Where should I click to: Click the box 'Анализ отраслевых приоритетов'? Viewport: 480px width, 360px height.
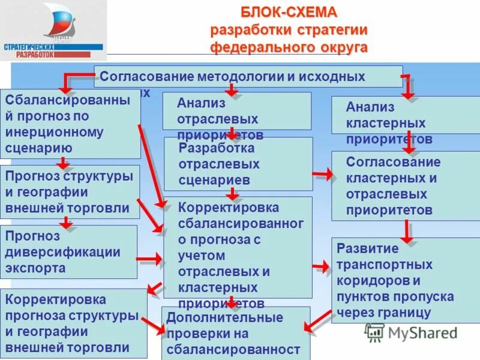point(236,112)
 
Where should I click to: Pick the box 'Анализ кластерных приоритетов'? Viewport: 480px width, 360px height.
point(406,115)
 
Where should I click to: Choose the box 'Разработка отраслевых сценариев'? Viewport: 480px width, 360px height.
point(238,164)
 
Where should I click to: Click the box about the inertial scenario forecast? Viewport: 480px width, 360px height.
point(70,124)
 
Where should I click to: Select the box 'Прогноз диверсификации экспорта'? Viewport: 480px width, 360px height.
point(69,252)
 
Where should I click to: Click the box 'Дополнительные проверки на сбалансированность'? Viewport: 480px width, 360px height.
point(236,333)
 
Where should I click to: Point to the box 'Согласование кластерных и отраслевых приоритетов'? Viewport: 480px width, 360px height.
point(406,186)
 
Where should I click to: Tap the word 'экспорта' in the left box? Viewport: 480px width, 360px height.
point(35,268)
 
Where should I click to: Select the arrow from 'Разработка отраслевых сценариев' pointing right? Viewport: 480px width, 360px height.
point(322,174)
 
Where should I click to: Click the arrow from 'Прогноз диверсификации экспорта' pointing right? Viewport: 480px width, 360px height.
point(149,259)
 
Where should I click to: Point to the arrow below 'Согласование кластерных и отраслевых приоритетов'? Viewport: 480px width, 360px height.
point(407,231)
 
